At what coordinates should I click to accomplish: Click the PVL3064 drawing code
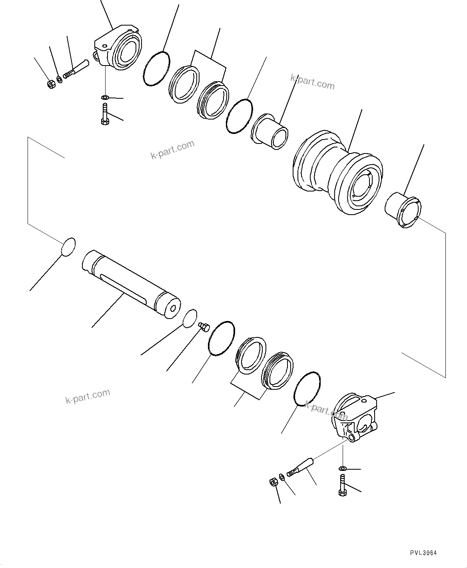coord(423,553)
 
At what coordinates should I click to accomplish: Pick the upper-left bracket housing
coord(118,48)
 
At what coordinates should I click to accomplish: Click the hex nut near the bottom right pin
coord(273,482)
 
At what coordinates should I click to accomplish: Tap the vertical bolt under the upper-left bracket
coord(104,114)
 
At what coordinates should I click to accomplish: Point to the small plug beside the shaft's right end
coord(204,327)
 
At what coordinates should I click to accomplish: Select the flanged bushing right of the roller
coord(403,209)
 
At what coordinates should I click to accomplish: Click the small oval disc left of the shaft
coord(68,246)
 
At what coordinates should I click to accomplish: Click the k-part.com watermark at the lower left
coord(88,396)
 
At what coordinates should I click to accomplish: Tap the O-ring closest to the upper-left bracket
coord(156,68)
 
